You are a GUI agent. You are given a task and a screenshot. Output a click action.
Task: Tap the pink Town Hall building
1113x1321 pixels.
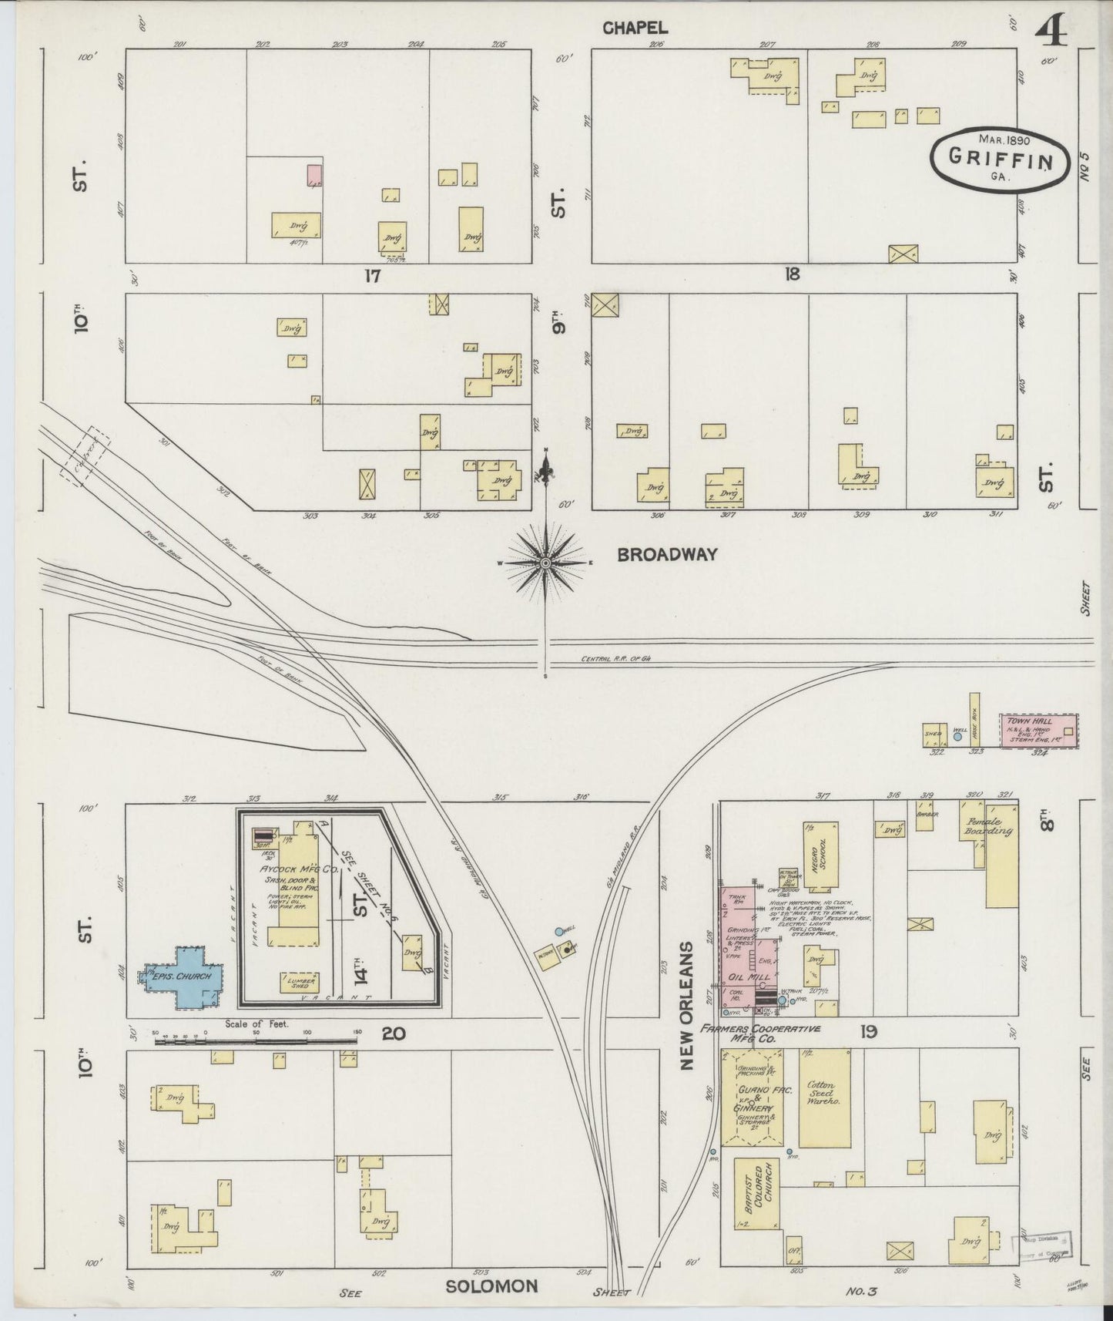pos(1038,731)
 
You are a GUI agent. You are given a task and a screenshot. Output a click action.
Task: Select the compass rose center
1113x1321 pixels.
pos(546,564)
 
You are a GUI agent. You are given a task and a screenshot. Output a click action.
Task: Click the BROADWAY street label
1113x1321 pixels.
pos(667,554)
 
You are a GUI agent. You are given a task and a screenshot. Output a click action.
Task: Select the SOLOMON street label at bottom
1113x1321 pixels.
pos(491,1286)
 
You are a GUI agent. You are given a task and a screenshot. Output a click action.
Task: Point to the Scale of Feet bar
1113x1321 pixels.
pos(256,1041)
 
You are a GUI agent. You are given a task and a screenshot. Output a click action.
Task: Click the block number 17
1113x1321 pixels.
pos(373,275)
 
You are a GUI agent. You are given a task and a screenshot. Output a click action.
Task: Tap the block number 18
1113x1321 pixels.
pos(792,274)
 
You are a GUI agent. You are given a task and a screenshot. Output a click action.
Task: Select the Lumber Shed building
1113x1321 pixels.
pos(299,982)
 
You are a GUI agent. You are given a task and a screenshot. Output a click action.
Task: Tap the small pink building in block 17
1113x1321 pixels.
pos(314,175)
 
